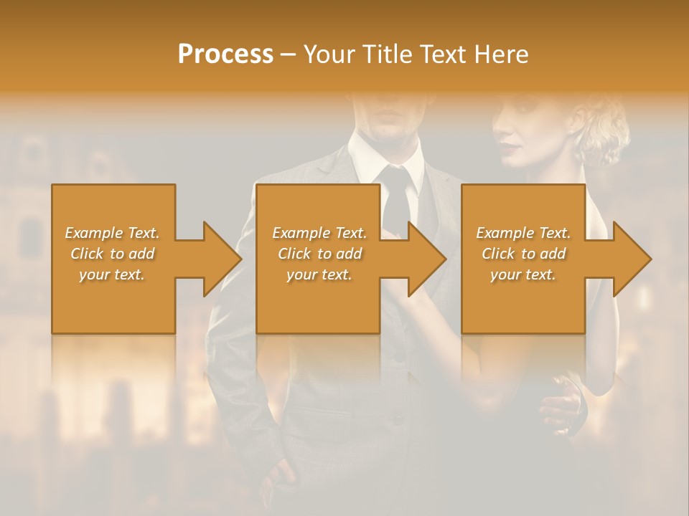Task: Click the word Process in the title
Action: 225,54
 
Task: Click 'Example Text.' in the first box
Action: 112,233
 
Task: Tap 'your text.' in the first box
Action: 112,274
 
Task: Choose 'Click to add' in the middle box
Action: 319,254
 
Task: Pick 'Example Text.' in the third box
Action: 523,233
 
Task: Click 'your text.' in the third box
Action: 523,274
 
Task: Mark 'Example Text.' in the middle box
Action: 319,233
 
